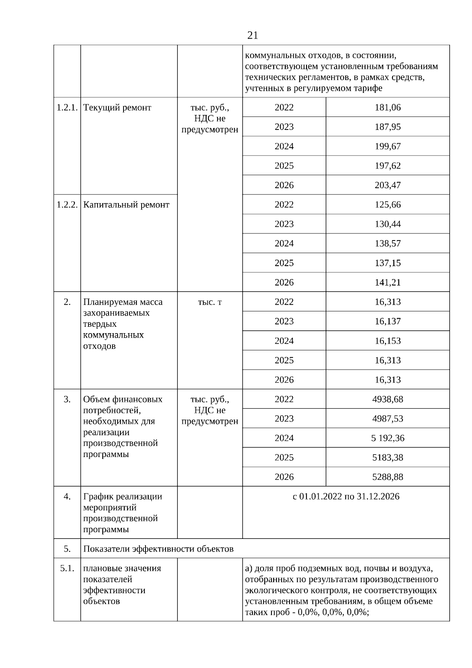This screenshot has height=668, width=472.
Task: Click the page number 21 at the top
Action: click(x=253, y=35)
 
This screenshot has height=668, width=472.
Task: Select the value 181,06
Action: click(x=387, y=107)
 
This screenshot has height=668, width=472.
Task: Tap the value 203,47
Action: click(x=387, y=185)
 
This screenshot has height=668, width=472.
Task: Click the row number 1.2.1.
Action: click(x=67, y=107)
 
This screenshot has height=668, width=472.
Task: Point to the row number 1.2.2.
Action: click(x=67, y=205)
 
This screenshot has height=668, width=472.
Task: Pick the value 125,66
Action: click(x=387, y=205)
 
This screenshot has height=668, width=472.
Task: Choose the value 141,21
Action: click(x=387, y=282)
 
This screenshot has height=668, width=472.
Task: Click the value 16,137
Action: click(x=387, y=321)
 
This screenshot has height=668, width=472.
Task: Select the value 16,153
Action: click(x=387, y=340)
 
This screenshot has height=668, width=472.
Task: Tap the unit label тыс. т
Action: click(x=210, y=302)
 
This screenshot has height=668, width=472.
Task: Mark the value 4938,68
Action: click(x=387, y=399)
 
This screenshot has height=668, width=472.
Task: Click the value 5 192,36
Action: click(x=387, y=438)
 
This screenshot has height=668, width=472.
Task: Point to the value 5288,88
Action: click(x=387, y=477)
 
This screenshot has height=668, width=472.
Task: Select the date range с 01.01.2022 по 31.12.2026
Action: click(x=346, y=496)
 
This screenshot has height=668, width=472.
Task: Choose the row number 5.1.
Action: click(x=67, y=568)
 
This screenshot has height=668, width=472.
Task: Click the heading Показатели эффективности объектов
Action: click(x=158, y=549)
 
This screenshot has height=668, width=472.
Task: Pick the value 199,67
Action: click(x=387, y=146)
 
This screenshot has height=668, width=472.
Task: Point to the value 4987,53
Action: click(x=387, y=418)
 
